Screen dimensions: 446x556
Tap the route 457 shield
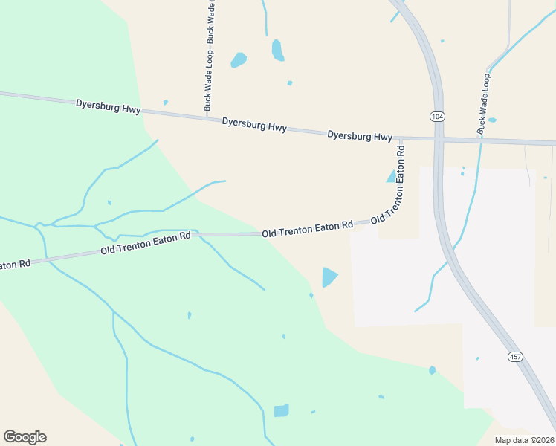(514, 357)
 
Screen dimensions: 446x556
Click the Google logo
(25, 437)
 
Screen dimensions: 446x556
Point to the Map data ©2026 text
(523, 440)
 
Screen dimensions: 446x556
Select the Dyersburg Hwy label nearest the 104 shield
(360, 136)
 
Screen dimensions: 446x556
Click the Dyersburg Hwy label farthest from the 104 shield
(108, 106)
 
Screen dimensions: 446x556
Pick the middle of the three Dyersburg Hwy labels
(254, 124)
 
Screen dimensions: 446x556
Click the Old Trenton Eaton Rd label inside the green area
(146, 243)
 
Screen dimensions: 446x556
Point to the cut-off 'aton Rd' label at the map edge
(15, 265)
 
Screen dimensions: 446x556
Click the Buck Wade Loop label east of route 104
(484, 103)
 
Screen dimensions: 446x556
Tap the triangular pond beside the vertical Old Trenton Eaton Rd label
(391, 176)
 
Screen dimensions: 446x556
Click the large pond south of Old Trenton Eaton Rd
(329, 277)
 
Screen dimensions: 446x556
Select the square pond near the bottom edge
(281, 410)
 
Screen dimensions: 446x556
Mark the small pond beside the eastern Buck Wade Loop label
(492, 120)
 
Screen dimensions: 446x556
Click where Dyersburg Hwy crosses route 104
(439, 139)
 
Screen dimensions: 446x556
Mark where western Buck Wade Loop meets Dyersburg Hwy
(207, 115)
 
